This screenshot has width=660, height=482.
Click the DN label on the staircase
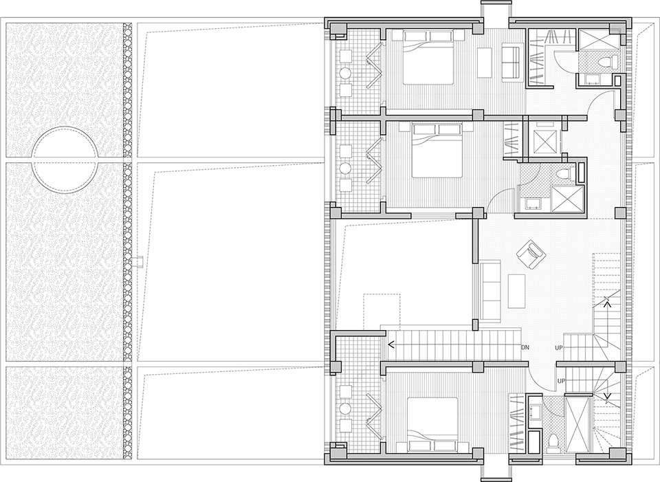(525, 348)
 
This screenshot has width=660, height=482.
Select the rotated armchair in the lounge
(531, 254)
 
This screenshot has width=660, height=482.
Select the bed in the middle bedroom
(437, 151)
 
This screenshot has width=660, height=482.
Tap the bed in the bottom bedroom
(432, 426)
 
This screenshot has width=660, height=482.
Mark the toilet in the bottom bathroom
(554, 441)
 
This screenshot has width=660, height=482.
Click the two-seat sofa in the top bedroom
(511, 63)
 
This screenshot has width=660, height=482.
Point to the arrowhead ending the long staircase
(391, 345)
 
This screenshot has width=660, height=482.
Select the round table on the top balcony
(346, 73)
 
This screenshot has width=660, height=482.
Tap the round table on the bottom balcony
(346, 408)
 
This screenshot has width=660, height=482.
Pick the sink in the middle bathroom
(533, 204)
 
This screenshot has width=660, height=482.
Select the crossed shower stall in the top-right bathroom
(598, 39)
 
